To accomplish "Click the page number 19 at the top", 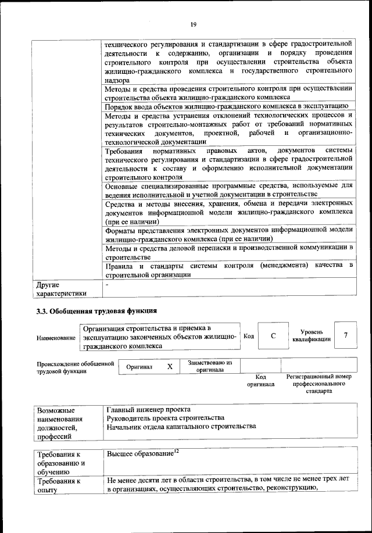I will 194,24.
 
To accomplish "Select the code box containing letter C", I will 273,337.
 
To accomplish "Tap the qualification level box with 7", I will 346,335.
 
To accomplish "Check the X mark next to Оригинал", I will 170,367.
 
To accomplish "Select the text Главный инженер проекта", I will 149,409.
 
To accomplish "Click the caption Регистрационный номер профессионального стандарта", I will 319,384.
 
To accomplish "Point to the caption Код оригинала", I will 260,381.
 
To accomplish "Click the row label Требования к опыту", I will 59,486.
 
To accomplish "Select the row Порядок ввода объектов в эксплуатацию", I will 226,106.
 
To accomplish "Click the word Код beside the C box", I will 248,336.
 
